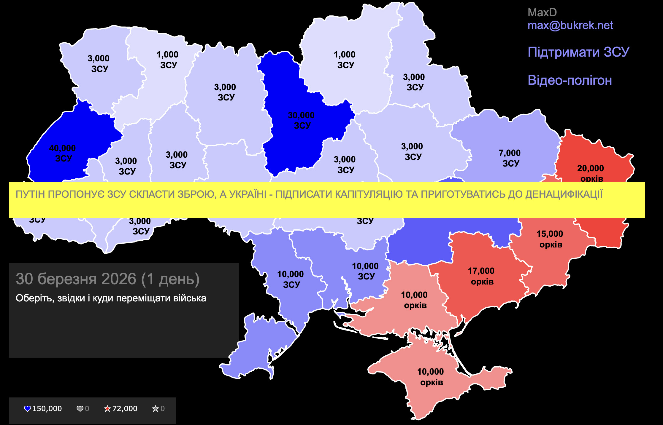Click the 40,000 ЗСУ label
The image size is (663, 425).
(63, 153)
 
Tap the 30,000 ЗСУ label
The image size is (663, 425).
(302, 120)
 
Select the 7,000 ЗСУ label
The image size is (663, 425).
(510, 158)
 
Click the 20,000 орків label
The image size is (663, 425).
(591, 173)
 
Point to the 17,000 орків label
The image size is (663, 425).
(481, 276)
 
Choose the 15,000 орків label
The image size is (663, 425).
(550, 239)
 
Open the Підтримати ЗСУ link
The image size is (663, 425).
(578, 52)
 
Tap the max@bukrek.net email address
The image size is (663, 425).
(570, 25)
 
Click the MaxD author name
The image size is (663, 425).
(542, 12)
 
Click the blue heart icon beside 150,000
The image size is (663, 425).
(27, 409)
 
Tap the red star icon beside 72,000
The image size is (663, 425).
(107, 409)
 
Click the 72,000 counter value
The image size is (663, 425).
(125, 409)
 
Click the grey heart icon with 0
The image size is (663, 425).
(80, 409)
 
